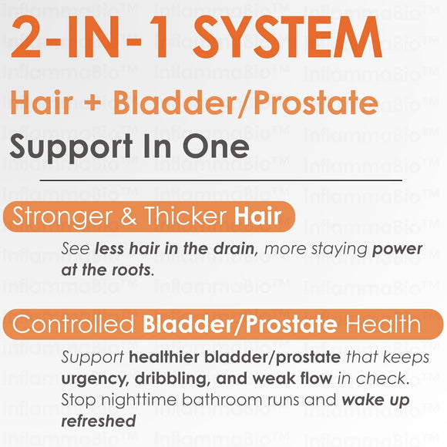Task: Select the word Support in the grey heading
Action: pyautogui.click(x=69, y=146)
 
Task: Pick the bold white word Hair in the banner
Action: pyautogui.click(x=258, y=217)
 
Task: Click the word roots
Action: pyautogui.click(x=133, y=271)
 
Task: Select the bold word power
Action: pyautogui.click(x=398, y=250)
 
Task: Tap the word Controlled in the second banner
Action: pyautogui.click(x=74, y=324)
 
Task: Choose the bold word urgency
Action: pyautogui.click(x=94, y=379)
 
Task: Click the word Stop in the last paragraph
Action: pyautogui.click(x=77, y=401)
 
